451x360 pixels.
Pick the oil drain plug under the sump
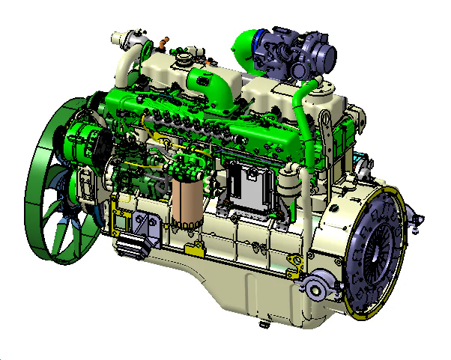(263, 324)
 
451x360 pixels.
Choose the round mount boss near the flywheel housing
(315, 287)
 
